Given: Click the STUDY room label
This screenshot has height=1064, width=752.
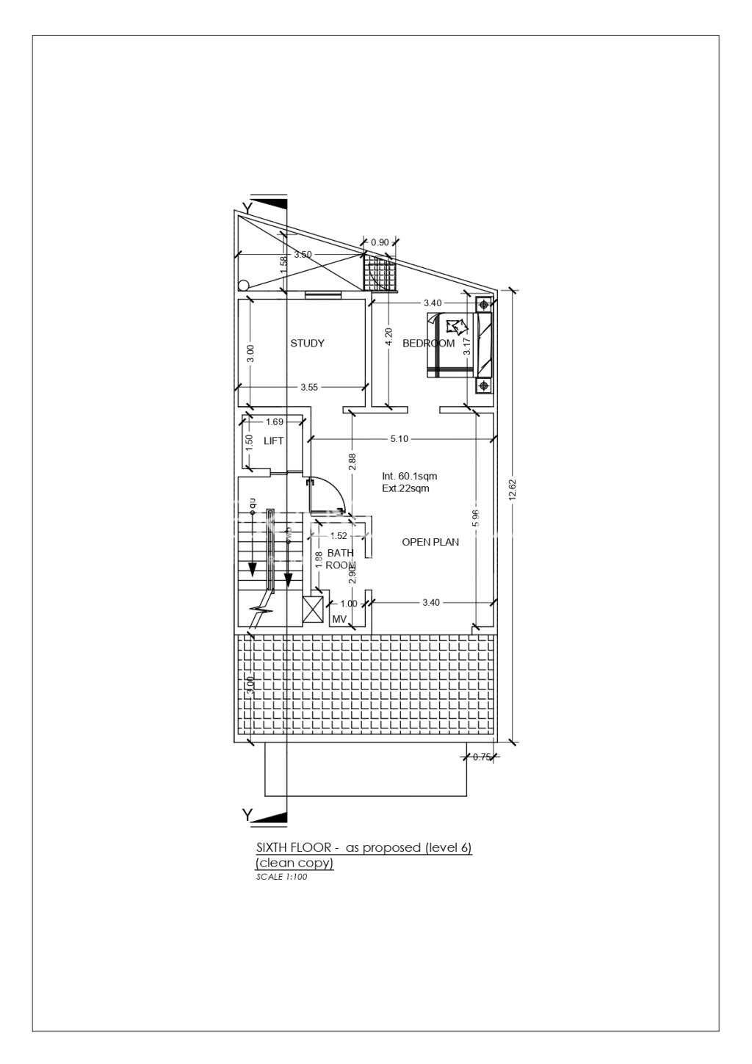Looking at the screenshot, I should click(x=307, y=343).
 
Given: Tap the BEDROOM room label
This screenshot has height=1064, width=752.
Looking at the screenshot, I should click(x=428, y=343).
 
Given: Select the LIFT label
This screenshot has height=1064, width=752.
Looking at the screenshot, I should click(x=274, y=441).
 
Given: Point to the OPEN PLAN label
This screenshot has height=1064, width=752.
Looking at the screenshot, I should click(x=430, y=542).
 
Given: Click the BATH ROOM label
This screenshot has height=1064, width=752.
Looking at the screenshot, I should click(x=340, y=559).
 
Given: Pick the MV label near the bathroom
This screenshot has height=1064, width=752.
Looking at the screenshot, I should click(x=339, y=620).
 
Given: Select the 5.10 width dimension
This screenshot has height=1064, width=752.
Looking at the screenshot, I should click(x=399, y=439).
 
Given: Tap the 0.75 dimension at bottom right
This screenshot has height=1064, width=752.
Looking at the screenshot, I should click(x=482, y=757).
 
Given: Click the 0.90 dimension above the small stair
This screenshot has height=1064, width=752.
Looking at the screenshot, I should click(x=380, y=242).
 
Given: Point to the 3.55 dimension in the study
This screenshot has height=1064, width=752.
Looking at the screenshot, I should click(x=309, y=388).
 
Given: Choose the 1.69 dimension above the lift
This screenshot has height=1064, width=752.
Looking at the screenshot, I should click(x=275, y=421).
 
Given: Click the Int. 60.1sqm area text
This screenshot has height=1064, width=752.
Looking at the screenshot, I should click(x=409, y=476).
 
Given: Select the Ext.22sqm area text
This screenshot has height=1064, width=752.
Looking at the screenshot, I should click(x=405, y=488).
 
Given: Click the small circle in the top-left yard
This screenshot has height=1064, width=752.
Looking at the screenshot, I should click(x=244, y=286).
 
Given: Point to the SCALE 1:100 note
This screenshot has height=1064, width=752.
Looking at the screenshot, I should click(x=281, y=877).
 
